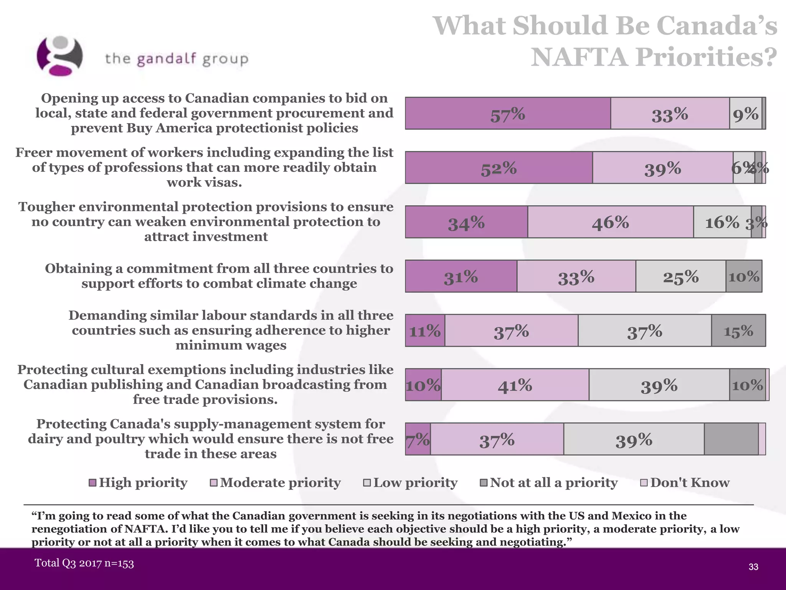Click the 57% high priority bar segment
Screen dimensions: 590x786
coord(508,113)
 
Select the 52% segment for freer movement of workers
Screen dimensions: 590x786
coord(499,168)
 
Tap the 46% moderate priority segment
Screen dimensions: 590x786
coord(610,222)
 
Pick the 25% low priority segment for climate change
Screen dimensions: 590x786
coord(680,277)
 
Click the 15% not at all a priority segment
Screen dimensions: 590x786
coord(738,331)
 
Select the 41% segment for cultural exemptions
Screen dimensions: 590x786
coord(515,385)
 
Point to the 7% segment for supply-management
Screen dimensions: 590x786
coord(418,439)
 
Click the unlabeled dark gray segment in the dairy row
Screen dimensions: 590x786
coord(731,439)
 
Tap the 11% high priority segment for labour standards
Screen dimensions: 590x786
coord(425,331)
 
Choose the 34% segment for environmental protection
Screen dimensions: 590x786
coord(466,222)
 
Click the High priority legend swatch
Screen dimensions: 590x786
coord(92,483)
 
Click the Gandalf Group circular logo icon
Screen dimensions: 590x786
coord(59,56)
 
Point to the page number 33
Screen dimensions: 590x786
coord(753,567)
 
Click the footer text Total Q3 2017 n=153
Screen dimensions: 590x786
coord(84,563)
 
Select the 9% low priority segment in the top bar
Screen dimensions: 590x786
coord(745,113)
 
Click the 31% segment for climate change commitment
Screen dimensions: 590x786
coord(461,277)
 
